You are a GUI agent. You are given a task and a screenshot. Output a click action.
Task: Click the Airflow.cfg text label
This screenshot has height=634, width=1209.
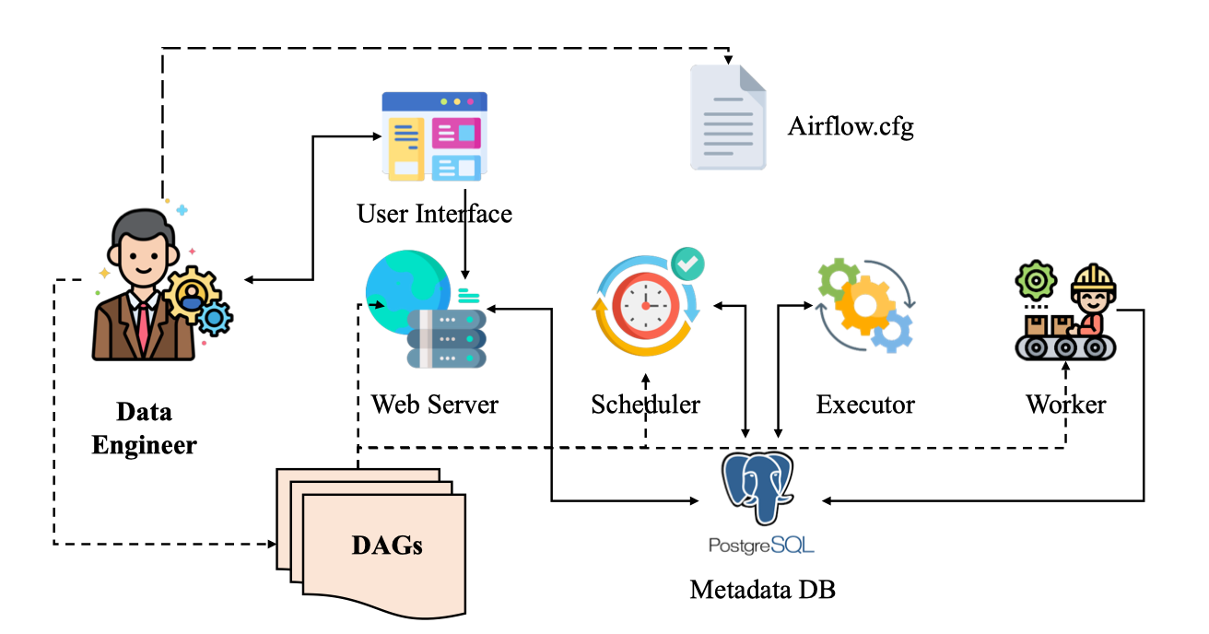coord(850,126)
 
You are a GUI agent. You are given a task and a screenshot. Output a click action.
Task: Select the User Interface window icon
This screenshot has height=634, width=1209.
coord(434,135)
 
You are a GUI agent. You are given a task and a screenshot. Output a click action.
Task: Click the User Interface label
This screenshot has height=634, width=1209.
coord(434,214)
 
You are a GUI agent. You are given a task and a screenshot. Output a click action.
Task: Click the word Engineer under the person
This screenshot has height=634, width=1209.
coord(145,445)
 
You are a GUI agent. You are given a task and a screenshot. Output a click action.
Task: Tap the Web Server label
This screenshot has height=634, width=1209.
coord(434,404)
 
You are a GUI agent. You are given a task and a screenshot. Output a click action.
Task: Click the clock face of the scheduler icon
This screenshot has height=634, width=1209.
coord(645,305)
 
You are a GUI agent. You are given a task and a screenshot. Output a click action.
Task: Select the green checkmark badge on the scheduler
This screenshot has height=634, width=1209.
coord(687,264)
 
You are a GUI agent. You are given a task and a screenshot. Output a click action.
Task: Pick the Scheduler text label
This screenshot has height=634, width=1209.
coord(645,404)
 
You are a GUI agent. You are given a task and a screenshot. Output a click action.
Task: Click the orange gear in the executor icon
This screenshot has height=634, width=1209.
coord(863,304)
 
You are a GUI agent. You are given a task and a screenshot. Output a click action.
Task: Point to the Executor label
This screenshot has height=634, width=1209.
coord(865,404)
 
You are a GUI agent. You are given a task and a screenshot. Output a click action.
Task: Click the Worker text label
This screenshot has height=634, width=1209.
coord(1065,404)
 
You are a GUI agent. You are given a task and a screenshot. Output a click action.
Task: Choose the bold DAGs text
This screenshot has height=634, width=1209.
coord(387,544)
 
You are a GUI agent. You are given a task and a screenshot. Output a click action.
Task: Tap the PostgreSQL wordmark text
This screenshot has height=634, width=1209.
coord(761,545)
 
